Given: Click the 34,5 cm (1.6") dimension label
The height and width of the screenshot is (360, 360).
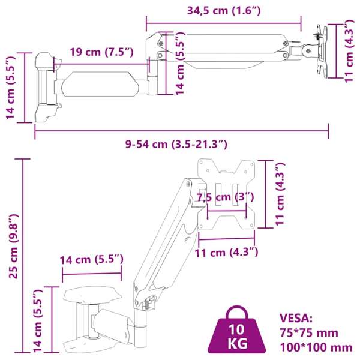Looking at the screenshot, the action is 224,11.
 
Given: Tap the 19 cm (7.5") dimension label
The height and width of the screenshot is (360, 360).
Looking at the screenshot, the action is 101,52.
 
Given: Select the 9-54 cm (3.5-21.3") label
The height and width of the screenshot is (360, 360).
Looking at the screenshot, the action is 176,144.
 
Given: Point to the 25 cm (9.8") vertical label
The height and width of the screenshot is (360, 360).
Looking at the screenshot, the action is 13,246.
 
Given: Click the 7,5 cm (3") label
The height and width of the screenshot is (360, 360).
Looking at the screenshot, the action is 225,197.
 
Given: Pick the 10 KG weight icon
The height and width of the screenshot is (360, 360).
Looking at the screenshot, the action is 237,331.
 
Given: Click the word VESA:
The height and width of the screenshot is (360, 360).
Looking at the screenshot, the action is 296,318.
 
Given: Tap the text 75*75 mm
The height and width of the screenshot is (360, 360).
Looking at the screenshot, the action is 308,332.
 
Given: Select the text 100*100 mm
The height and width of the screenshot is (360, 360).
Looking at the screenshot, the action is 316,347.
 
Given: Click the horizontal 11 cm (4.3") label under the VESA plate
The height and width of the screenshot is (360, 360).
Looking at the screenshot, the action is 226,253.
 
